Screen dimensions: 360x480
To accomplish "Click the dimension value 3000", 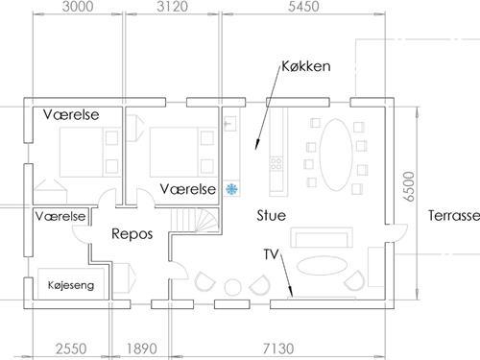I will pos(79,8).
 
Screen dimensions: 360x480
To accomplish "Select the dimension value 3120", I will pos(174,8).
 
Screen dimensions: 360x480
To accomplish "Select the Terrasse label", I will pos(453,215).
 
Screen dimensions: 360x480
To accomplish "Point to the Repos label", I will pos(132,234).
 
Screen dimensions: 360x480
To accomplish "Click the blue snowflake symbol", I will pos(231,189).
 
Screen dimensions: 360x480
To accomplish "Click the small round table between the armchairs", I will pos(232,284).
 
